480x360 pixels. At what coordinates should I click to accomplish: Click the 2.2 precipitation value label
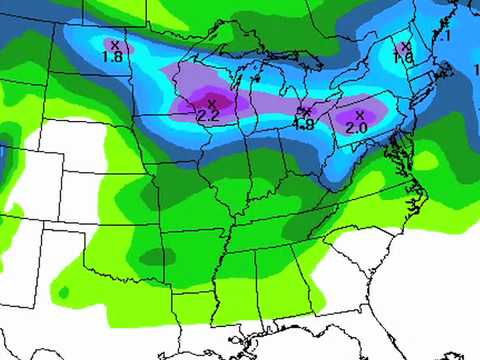209,116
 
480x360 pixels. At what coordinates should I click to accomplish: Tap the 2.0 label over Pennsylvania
356,128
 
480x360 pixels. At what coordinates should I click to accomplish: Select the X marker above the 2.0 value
359,114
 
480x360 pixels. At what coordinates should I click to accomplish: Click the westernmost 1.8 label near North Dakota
112,57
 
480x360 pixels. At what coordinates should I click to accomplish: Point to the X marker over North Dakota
115,44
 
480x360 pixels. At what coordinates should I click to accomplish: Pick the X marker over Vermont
405,46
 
